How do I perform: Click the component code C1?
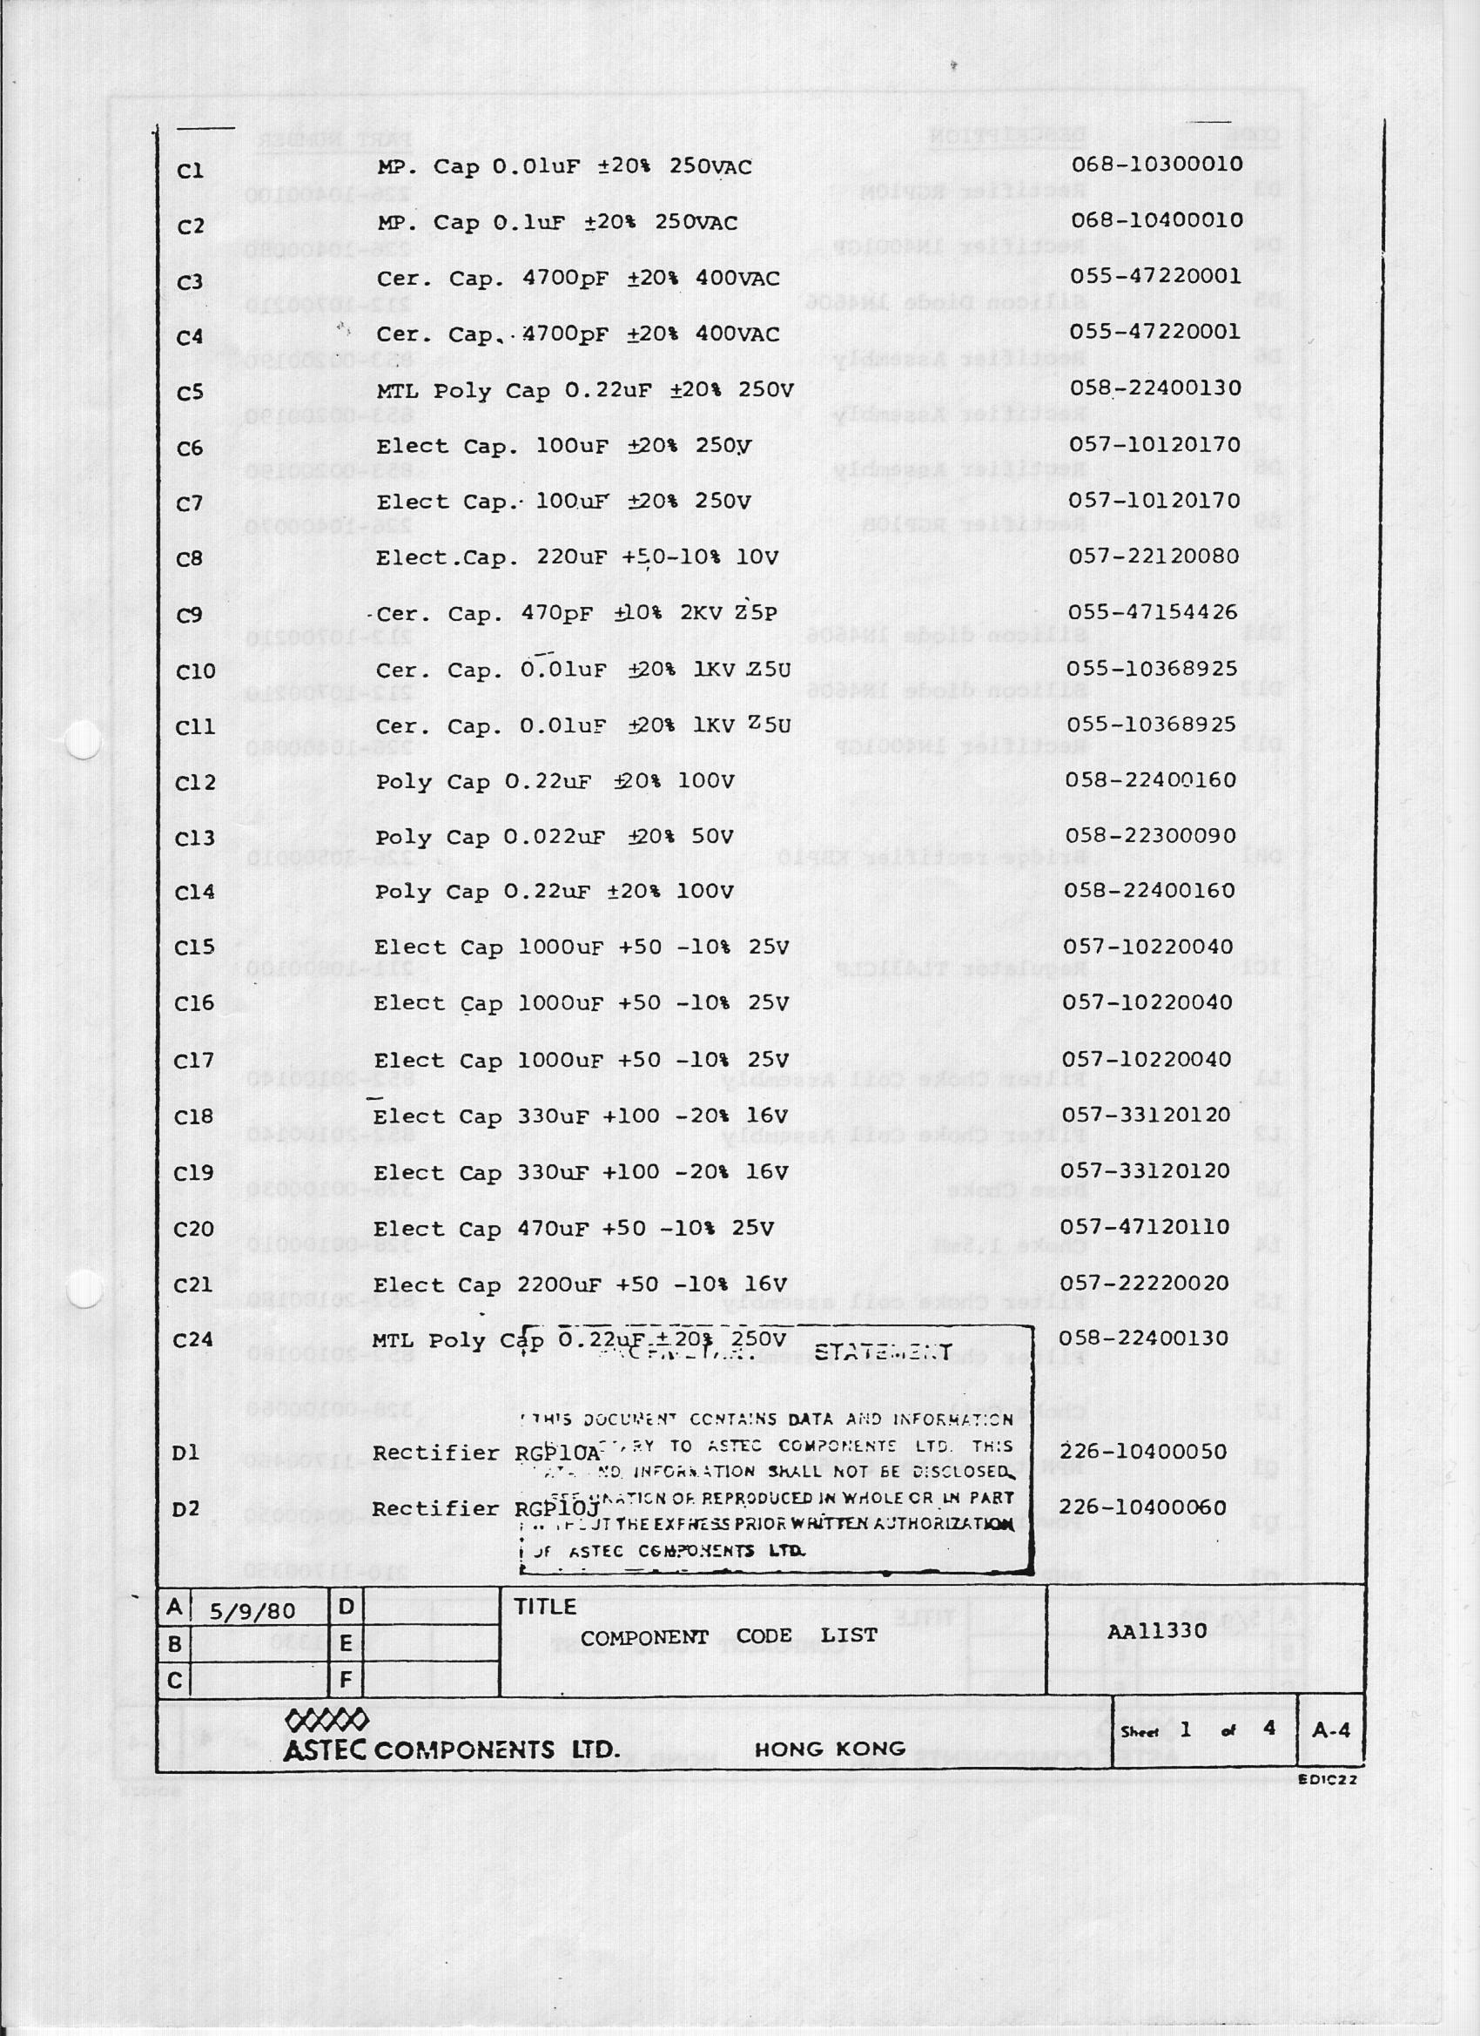tap(191, 171)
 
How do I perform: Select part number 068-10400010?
tap(1157, 220)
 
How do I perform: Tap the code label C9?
tap(191, 616)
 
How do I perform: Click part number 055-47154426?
tap(1153, 612)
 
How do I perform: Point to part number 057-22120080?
tap(1154, 556)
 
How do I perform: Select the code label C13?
tap(195, 839)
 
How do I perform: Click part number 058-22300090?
tap(1151, 836)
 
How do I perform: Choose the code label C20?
tap(194, 1229)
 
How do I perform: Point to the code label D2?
tap(185, 1509)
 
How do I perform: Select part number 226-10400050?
tap(1143, 1453)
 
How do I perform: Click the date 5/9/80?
tap(252, 1611)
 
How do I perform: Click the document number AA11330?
tap(1157, 1631)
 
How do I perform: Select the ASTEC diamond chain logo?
tap(326, 1720)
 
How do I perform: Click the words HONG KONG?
tap(830, 1749)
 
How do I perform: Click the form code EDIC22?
tap(1328, 1780)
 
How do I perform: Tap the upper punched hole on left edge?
tap(83, 740)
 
